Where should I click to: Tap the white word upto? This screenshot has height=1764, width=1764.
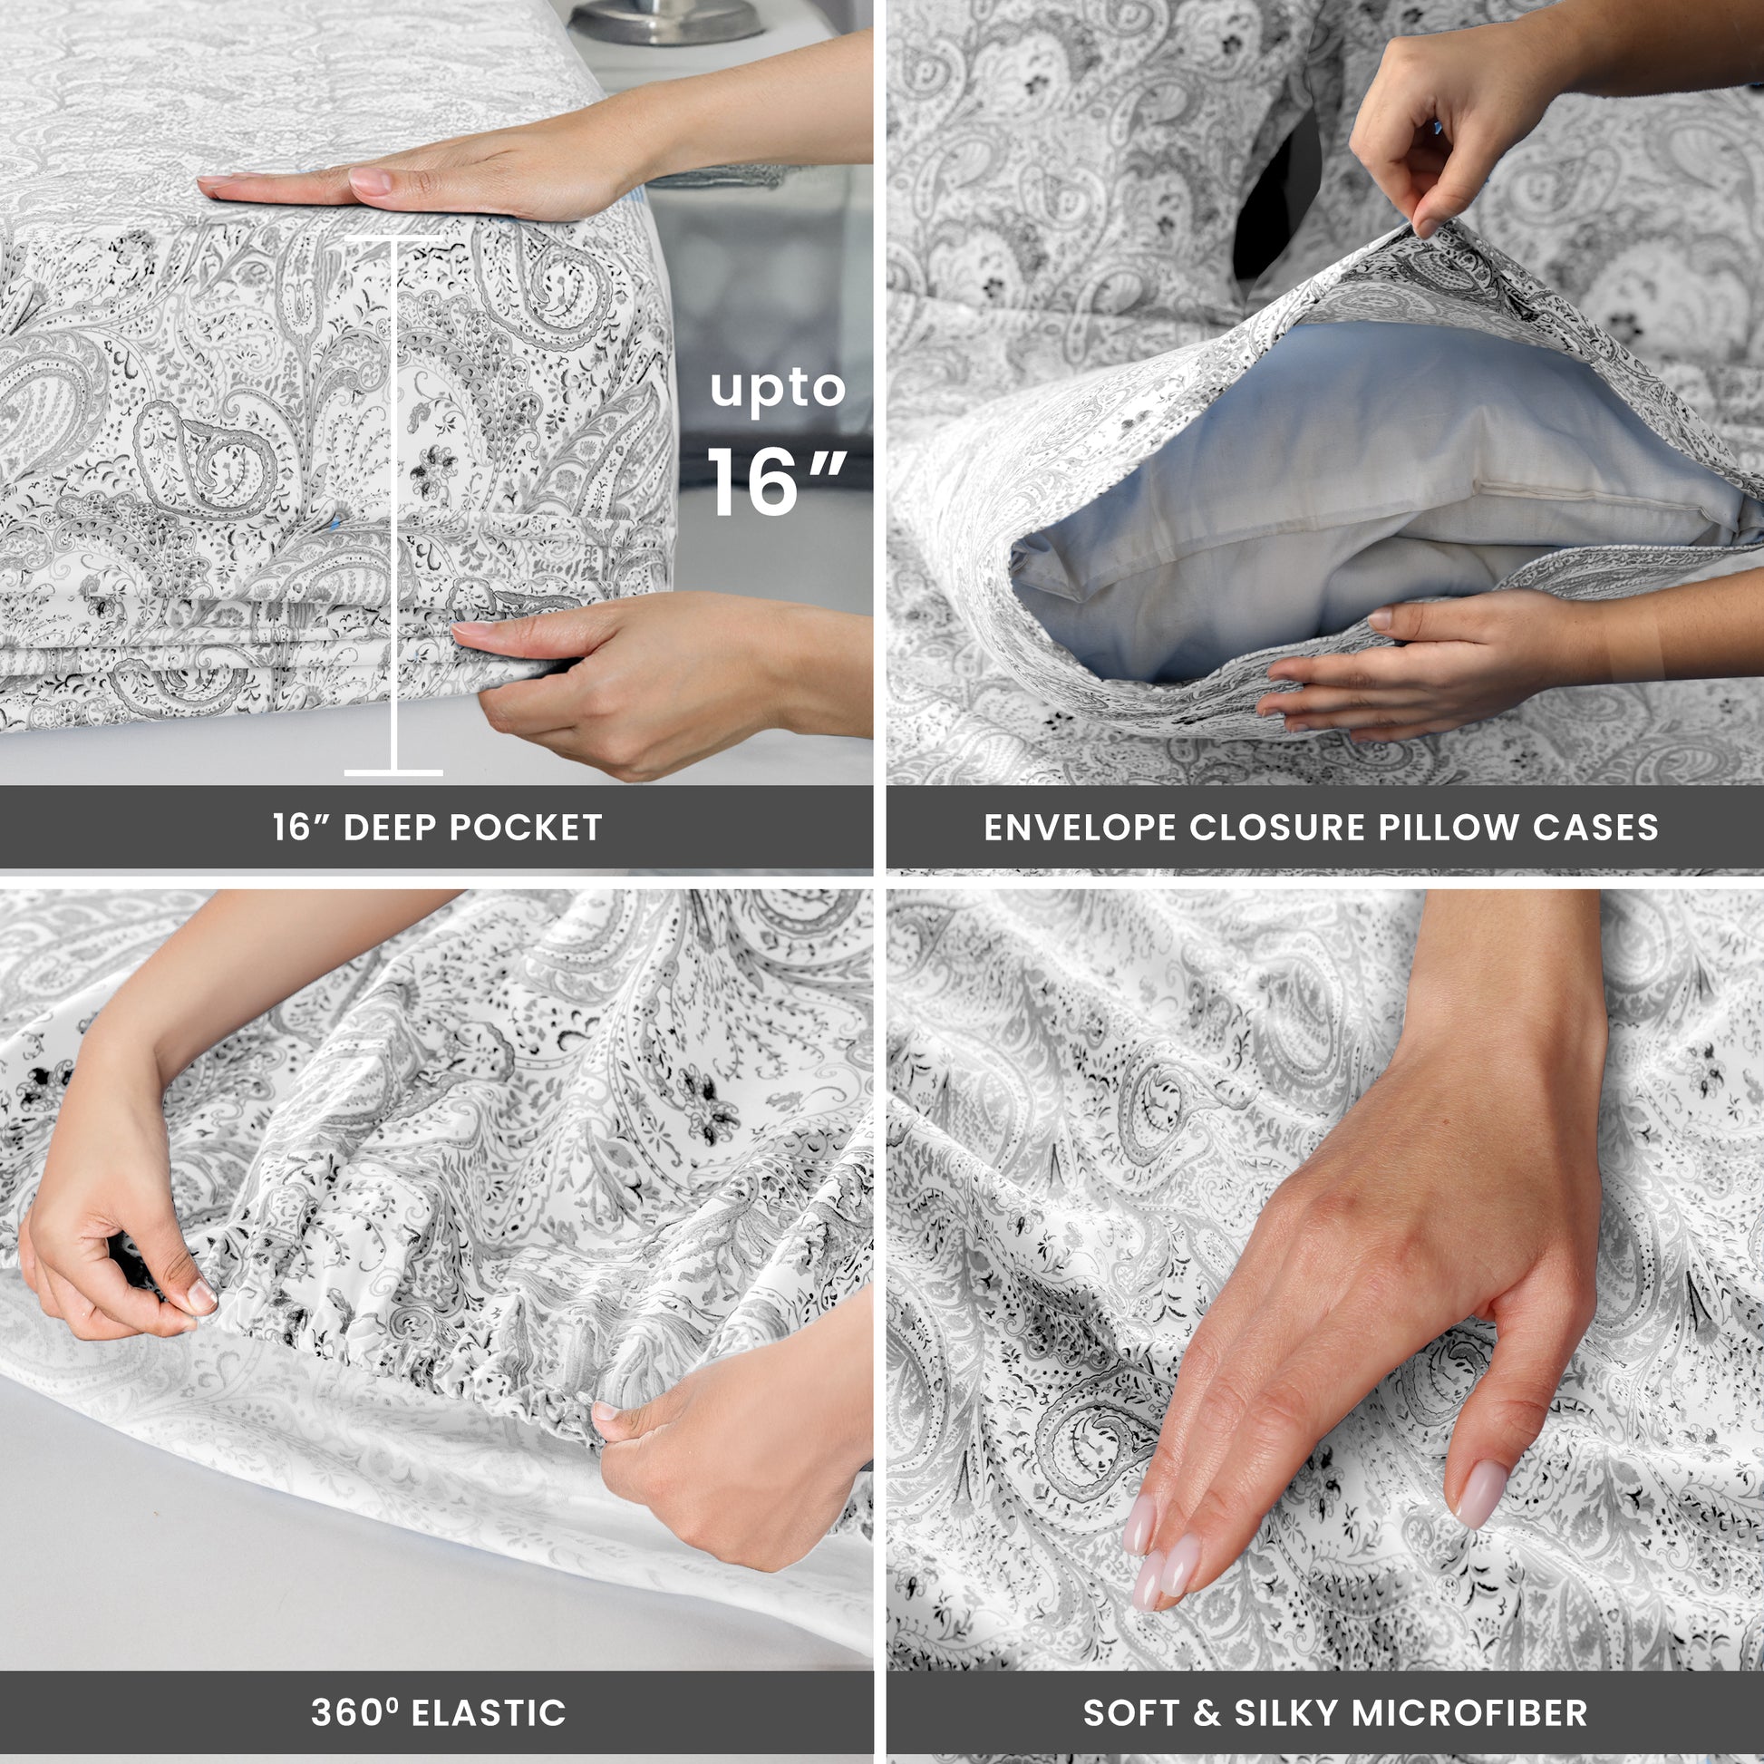pos(778,390)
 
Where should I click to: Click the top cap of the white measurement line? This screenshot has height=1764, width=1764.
pos(393,238)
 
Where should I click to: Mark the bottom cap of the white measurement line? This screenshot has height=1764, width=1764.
pos(393,772)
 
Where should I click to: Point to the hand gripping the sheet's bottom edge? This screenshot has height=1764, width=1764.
pos(639,680)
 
